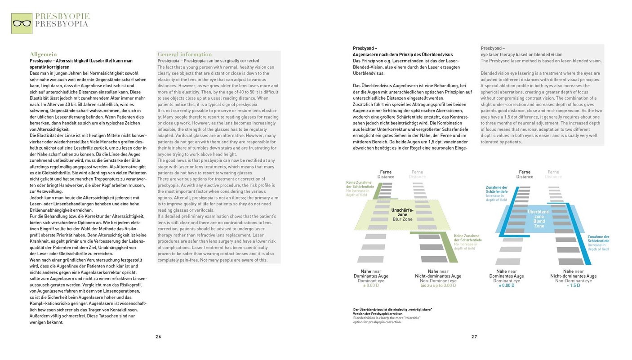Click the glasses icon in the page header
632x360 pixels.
[22, 23]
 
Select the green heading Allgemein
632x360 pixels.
[43, 54]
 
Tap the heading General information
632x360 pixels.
[184, 54]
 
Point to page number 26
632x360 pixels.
[158, 337]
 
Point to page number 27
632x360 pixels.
[474, 337]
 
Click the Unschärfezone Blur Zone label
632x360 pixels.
[402, 214]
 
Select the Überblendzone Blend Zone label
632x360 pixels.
[539, 218]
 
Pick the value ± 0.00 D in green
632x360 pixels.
[371, 285]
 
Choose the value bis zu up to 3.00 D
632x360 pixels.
[438, 285]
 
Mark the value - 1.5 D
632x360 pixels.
[573, 285]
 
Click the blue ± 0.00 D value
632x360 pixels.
[507, 285]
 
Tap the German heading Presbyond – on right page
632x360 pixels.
[365, 48]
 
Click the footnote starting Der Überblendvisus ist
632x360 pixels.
[392, 309]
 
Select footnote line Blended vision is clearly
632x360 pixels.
[387, 318]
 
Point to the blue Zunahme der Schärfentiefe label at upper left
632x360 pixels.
[497, 190]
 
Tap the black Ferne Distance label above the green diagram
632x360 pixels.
[386, 174]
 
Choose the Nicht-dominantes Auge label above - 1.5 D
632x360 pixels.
[573, 276]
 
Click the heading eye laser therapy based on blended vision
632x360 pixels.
[521, 54]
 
